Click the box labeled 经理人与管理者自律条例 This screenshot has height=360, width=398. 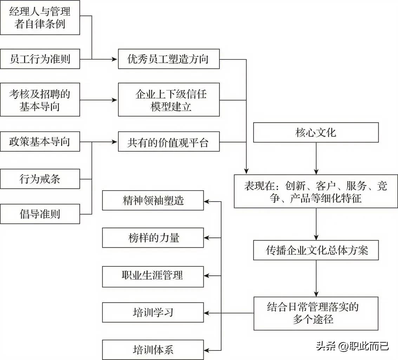click(40, 18)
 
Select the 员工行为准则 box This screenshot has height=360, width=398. click(40, 59)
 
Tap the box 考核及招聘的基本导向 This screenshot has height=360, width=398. click(40, 100)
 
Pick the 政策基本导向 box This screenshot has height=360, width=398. click(40, 142)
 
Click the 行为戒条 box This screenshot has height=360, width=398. click(40, 179)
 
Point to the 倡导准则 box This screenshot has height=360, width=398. click(40, 214)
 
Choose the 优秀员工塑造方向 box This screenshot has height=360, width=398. click(169, 59)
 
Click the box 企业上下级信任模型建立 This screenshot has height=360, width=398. click(169, 100)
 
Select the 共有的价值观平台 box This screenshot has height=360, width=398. click(169, 142)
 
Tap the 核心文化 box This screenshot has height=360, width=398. click(316, 132)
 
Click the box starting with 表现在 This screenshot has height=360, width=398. click(316, 191)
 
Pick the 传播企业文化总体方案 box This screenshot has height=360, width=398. click(316, 250)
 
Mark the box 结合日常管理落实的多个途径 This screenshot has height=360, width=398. click(316, 313)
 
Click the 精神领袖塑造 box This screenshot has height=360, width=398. click(153, 200)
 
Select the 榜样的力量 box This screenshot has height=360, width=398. click(153, 238)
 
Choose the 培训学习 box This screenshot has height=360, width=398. click(153, 312)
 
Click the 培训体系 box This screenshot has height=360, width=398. click(153, 349)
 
